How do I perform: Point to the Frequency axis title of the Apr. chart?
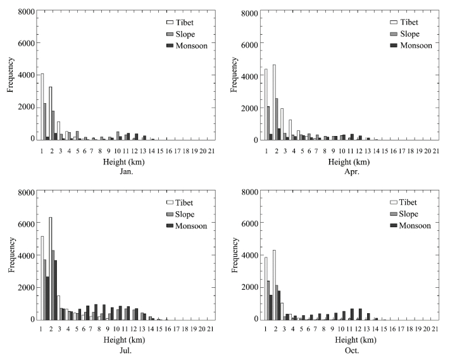click(235, 76)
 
